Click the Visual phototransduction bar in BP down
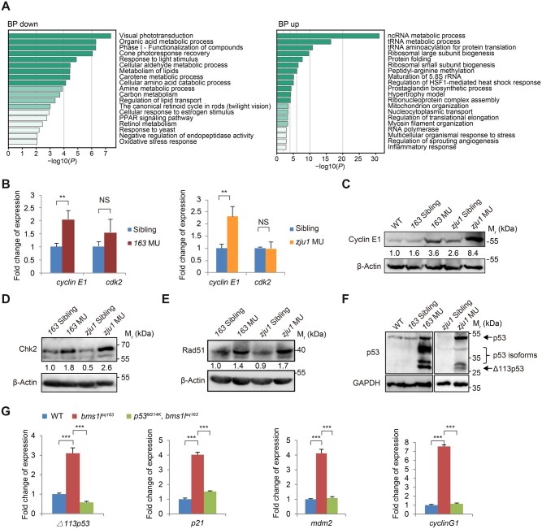(x=60, y=36)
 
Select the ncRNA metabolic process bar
(x=328, y=36)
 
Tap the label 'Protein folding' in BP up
(x=410, y=59)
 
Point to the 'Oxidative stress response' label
(x=158, y=141)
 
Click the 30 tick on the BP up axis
(x=375, y=158)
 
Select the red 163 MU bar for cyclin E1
(x=68, y=246)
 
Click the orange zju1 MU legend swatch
(x=291, y=241)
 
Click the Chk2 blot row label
(x=28, y=349)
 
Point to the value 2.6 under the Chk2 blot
(x=106, y=367)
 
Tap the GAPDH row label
(x=366, y=383)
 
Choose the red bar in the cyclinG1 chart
(x=444, y=480)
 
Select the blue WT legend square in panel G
(x=44, y=416)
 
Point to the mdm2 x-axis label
(x=322, y=522)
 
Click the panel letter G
(x=6, y=411)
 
